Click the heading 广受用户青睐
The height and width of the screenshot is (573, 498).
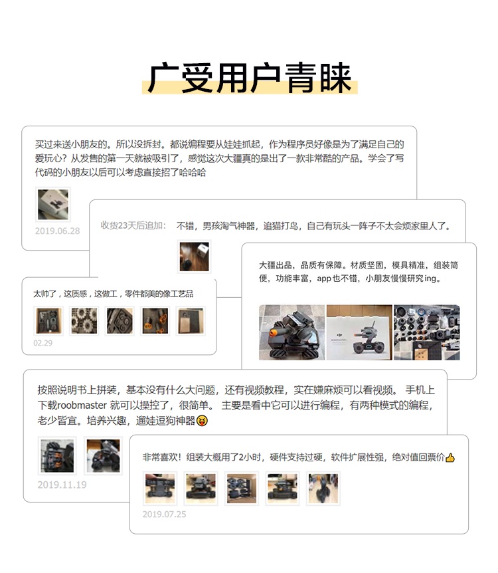(x=250, y=78)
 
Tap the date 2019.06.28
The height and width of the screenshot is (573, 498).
(x=57, y=231)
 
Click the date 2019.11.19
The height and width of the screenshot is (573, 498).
(x=62, y=485)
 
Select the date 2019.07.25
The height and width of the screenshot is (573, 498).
(x=164, y=515)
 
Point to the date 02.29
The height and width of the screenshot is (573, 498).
(x=42, y=343)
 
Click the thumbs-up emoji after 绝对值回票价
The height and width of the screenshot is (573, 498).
(x=450, y=457)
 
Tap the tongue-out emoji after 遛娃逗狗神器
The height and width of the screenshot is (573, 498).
(x=202, y=421)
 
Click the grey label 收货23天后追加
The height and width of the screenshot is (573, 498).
(x=133, y=225)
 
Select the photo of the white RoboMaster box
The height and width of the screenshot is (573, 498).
(x=359, y=332)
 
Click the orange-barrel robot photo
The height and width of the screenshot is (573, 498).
(x=291, y=332)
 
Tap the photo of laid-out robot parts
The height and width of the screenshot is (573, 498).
(x=427, y=332)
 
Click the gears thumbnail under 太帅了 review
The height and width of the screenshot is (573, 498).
(x=84, y=321)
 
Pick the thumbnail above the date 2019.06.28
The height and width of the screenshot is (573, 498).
(x=53, y=204)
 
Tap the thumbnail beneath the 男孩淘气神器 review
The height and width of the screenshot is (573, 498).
(x=195, y=256)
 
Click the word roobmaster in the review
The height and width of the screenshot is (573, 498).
(x=82, y=405)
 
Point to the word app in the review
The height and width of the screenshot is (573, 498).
(x=324, y=279)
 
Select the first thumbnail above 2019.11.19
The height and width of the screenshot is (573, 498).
(x=57, y=456)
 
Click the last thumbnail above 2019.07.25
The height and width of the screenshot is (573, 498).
(x=323, y=489)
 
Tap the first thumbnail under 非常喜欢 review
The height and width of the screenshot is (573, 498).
(x=160, y=489)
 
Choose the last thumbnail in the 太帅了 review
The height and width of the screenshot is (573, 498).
(x=191, y=321)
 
